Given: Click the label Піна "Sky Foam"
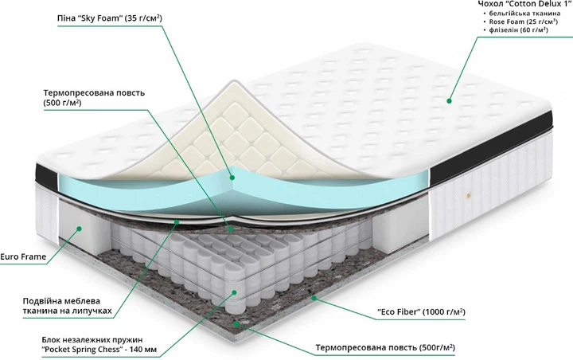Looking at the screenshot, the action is (x=109, y=18).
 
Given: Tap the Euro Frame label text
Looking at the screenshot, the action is (x=23, y=256).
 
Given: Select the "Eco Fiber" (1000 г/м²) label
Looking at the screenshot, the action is (x=421, y=311).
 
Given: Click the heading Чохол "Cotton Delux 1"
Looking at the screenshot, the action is (x=524, y=4).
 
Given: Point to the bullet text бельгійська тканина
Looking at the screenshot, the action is (x=524, y=14).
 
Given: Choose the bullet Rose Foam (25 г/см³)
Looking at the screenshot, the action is (x=524, y=22).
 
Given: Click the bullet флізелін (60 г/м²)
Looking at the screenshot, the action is (x=518, y=30).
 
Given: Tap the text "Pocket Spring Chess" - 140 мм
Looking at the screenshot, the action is (x=99, y=350).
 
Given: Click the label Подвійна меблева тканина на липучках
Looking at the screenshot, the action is (x=67, y=306).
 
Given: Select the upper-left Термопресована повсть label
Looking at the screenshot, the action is (x=94, y=97).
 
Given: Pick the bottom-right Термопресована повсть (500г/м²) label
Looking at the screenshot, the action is (x=385, y=346).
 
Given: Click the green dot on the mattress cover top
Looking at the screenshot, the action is (x=449, y=101).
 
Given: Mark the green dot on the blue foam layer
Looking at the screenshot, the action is (x=232, y=178).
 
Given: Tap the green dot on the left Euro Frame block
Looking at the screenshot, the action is (x=79, y=229).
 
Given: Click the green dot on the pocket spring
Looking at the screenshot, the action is (x=234, y=292).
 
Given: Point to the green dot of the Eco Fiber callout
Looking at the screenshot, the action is (x=314, y=298).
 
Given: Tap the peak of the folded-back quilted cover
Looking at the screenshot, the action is (x=232, y=83).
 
